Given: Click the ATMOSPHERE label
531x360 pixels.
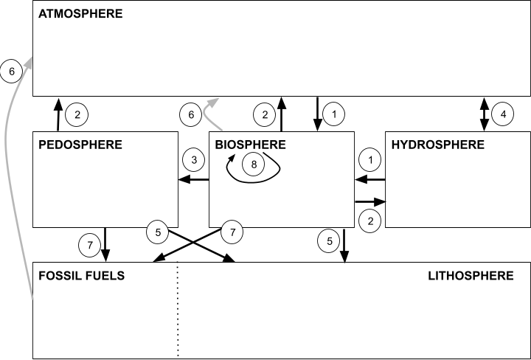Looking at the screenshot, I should click(80, 14).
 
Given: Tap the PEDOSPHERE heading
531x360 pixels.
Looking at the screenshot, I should click(80, 145).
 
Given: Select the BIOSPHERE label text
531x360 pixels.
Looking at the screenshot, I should click(250, 145).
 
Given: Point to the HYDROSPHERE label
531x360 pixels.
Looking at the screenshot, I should click(437, 145).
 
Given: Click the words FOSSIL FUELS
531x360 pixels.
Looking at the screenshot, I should click(81, 276).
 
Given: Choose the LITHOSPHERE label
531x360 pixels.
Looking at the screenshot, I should click(471, 276).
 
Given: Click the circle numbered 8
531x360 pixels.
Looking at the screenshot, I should click(254, 165).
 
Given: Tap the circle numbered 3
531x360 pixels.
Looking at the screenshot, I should click(193, 159).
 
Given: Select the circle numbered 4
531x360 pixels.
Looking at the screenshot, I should click(503, 114).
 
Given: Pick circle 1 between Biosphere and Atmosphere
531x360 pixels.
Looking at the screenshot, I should click(334, 114).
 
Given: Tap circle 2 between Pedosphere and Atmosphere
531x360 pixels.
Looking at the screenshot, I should click(77, 114).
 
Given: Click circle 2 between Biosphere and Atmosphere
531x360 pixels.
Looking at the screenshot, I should click(265, 114).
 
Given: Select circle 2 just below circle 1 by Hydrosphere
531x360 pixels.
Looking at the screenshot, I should click(370, 219).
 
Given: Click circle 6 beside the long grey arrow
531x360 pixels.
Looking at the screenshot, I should click(12, 71).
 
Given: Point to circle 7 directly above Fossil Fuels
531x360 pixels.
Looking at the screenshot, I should click(89, 245).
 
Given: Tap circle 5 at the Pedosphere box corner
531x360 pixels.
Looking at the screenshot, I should click(158, 232).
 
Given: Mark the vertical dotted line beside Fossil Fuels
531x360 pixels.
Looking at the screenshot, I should click(178, 310).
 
